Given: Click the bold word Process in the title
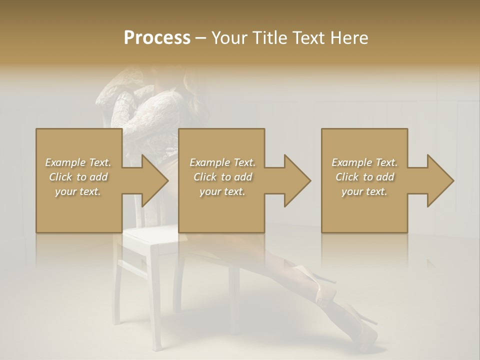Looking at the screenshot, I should [x=157, y=38].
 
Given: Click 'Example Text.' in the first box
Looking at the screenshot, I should [x=78, y=162].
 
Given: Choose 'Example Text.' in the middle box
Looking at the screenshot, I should [x=222, y=162].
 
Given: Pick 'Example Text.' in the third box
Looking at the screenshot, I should [x=364, y=162].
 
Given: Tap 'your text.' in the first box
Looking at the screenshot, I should [x=78, y=191].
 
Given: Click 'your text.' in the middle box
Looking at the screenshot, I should [x=222, y=191].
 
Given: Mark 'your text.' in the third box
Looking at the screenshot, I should [x=364, y=191].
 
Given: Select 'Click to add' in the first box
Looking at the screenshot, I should [x=78, y=177].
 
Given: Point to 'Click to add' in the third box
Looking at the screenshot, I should [x=364, y=177].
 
